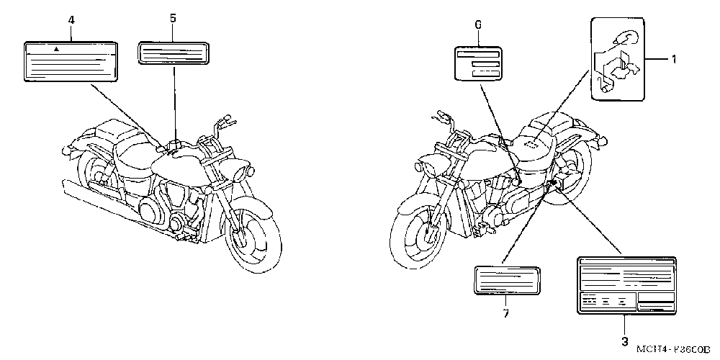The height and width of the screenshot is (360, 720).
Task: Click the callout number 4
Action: [x=71, y=19]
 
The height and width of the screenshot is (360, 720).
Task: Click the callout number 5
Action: [x=173, y=19]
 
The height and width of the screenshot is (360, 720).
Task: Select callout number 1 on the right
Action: [x=674, y=59]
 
